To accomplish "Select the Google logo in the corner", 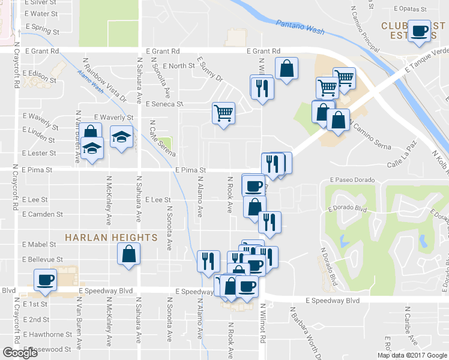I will [20, 353].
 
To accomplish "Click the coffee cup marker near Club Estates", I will [418, 32].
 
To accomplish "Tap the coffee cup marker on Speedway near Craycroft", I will [46, 280].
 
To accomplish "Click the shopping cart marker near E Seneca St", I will [223, 113].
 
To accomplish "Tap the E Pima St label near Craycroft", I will [37, 170].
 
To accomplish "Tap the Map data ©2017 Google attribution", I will [412, 355].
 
